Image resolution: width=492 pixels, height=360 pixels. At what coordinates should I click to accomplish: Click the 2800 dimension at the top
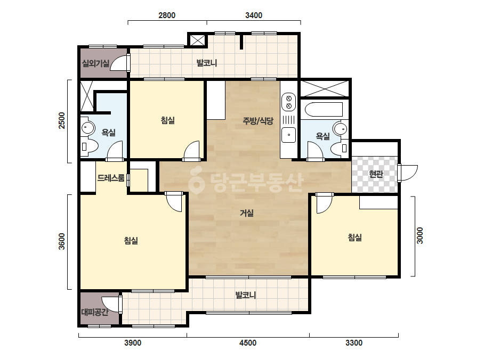pyautogui.click(x=167, y=15)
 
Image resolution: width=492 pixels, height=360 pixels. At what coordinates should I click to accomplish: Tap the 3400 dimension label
pyautogui.click(x=254, y=15)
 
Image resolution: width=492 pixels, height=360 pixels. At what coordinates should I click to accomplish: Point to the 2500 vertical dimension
pyautogui.click(x=62, y=120)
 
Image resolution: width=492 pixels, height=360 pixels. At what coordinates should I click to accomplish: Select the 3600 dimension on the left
pyautogui.click(x=62, y=241)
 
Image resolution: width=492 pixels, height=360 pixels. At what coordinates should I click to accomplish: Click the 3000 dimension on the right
pyautogui.click(x=420, y=235)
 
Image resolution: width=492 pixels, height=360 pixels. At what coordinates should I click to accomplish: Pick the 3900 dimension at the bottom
pyautogui.click(x=133, y=343)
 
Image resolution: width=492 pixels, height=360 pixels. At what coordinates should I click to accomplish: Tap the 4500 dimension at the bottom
pyautogui.click(x=248, y=343)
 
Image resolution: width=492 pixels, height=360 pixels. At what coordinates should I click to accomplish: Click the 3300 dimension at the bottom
pyautogui.click(x=354, y=343)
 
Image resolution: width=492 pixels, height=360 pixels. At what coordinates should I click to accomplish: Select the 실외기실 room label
pyautogui.click(x=96, y=63)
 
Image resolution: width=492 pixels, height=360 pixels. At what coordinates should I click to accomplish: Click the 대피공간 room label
pyautogui.click(x=95, y=312)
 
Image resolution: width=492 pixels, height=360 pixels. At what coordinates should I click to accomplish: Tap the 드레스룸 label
pyautogui.click(x=111, y=178)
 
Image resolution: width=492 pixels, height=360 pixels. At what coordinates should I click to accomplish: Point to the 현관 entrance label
pyautogui.click(x=376, y=174)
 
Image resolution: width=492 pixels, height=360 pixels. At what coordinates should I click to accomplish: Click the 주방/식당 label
pyautogui.click(x=258, y=121)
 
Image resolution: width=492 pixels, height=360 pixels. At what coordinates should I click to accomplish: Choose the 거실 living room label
pyautogui.click(x=247, y=213)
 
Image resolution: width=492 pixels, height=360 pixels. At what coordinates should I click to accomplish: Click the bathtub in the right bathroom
pyautogui.click(x=324, y=109)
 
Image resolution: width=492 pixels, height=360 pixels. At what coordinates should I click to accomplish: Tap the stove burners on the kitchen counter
pyautogui.click(x=289, y=102)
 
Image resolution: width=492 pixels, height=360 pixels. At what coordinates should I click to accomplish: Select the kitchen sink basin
pyautogui.click(x=289, y=135)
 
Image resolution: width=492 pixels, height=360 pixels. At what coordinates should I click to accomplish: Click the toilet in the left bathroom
pyautogui.click(x=89, y=146)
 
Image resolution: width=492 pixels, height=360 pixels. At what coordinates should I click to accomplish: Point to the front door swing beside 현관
pyautogui.click(x=408, y=173)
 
